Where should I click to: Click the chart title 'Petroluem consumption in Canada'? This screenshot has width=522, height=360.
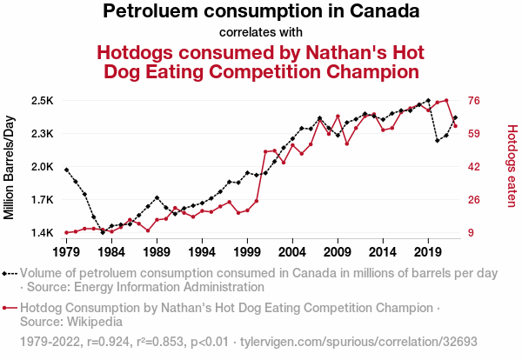point(261,12)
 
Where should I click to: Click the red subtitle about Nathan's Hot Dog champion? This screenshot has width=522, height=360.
point(261,61)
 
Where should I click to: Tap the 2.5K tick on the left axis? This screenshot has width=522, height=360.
point(42,101)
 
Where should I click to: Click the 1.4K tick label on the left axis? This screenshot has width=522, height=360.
point(42,233)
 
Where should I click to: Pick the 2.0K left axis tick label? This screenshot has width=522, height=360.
point(42,167)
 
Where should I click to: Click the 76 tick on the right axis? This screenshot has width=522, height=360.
point(476,101)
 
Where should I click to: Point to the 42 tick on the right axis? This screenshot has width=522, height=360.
point(476,167)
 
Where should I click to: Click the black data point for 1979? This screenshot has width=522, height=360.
point(66,170)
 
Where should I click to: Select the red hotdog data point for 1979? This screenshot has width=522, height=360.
point(66,233)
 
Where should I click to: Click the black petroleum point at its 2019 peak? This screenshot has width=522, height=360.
point(428,101)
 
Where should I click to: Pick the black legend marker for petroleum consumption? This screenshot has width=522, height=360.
point(10,273)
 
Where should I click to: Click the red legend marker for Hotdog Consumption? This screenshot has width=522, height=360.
point(10,308)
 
